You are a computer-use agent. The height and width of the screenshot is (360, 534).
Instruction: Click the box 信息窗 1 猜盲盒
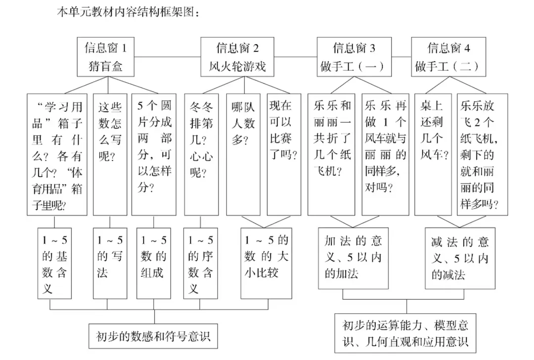[x=106, y=57]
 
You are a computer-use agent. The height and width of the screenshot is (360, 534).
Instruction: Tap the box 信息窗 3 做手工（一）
[x=353, y=57]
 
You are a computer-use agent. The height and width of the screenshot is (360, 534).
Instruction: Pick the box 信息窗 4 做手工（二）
[x=448, y=57]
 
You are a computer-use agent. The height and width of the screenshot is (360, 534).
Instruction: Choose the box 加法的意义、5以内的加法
[x=353, y=258]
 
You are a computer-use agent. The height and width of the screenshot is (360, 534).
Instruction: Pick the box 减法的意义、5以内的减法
[x=460, y=258]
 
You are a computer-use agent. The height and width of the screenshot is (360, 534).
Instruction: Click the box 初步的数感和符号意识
[x=153, y=336]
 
